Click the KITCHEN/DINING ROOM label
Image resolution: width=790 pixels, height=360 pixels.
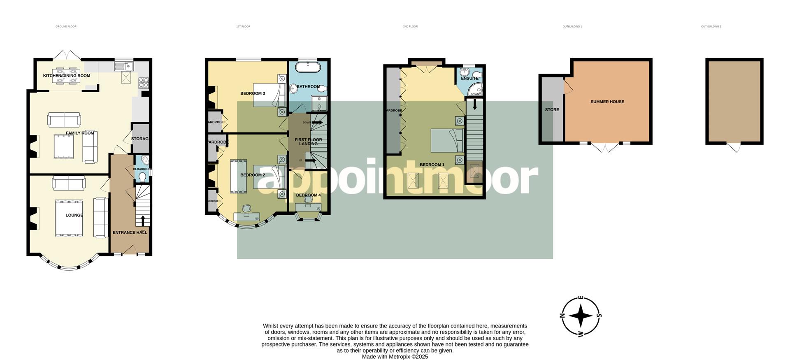(x=66, y=76)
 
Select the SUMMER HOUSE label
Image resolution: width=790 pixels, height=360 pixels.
(x=607, y=102)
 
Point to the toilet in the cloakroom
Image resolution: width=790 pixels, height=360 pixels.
(x=142, y=177)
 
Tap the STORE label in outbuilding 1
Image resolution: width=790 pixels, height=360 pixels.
(x=552, y=110)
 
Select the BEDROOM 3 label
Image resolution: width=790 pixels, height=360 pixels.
(x=252, y=93)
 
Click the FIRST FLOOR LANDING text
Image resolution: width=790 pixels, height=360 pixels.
(x=308, y=142)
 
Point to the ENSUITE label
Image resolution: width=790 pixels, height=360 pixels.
(x=469, y=78)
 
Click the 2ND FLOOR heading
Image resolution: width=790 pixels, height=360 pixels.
(x=410, y=26)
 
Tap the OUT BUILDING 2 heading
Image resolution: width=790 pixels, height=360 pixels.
(x=711, y=26)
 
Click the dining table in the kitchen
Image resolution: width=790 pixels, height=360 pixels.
(x=66, y=75)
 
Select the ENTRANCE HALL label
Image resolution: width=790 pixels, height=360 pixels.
(x=130, y=232)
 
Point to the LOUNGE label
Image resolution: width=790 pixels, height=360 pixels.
(x=74, y=215)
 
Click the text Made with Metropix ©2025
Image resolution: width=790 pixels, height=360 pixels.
(x=395, y=357)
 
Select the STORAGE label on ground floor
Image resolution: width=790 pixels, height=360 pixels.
(x=139, y=139)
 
